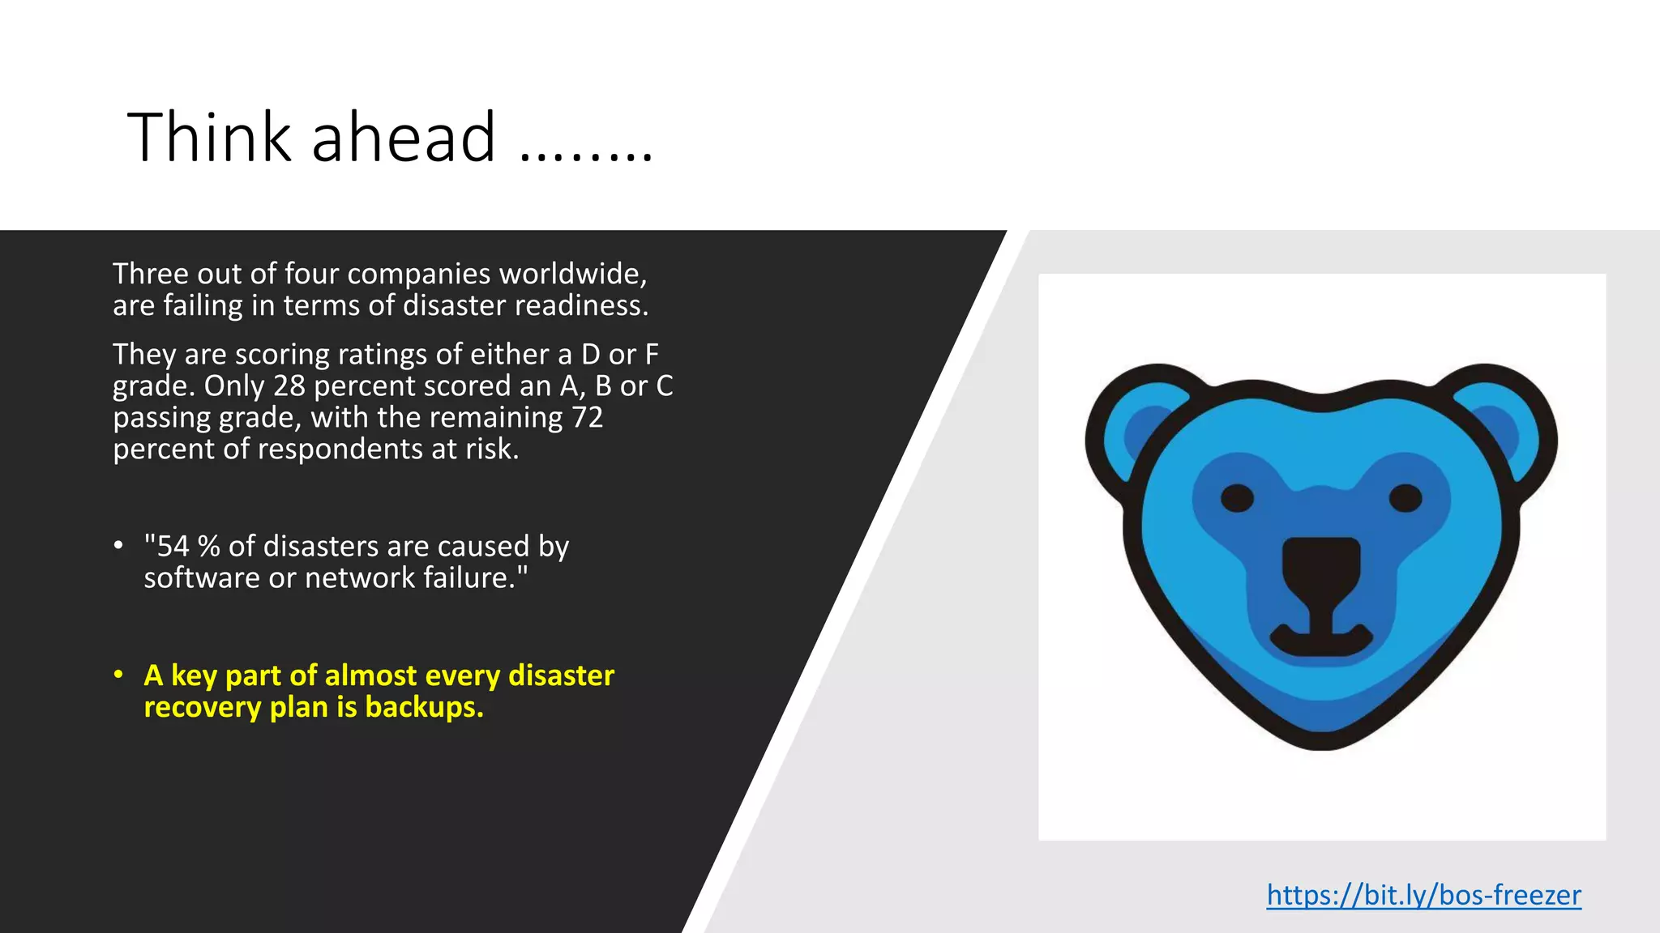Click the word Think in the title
[x=208, y=137]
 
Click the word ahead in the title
[x=403, y=137]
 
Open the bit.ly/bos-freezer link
[x=1423, y=895]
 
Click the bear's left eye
[x=1237, y=498]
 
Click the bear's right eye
[x=1405, y=497]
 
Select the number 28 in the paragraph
[x=289, y=386]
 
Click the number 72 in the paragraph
[x=587, y=418]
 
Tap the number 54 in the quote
[x=173, y=547]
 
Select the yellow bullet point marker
[x=118, y=675]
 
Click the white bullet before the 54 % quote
[x=118, y=545]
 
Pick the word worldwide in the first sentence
[x=572, y=274]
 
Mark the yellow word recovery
[x=203, y=708]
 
